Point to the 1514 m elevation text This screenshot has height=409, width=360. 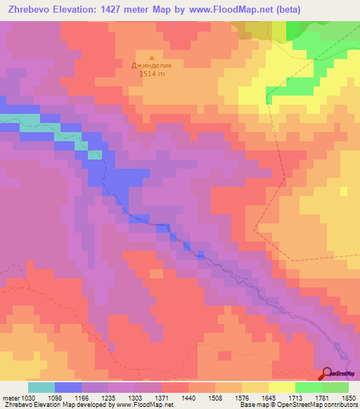point(151,74)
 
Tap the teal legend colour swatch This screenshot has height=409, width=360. point(41,387)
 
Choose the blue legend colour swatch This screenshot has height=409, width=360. point(68,387)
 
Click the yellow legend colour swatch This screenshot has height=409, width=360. point(281,387)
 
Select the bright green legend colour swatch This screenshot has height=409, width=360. point(308,387)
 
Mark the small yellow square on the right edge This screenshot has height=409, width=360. point(344,190)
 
